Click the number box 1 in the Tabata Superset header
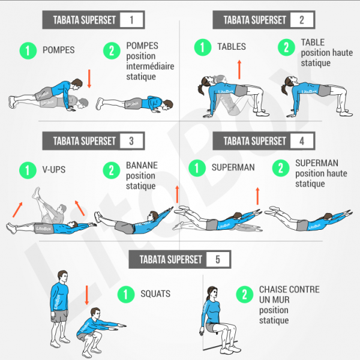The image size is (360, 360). click(131, 20)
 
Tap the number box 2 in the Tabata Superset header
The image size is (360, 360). click(301, 20)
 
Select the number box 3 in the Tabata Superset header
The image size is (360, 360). click(131, 141)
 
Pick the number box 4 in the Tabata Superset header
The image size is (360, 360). click(301, 141)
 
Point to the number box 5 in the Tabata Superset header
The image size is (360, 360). click(217, 259)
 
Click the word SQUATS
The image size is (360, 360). click(155, 294)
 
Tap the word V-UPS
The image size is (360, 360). click(54, 170)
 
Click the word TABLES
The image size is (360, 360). click(232, 46)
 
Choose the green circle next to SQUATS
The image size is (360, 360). click(126, 294)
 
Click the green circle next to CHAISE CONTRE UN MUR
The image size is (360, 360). click(244, 294)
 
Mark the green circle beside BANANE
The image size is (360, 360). click(112, 170)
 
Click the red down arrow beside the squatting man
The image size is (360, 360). click(86, 295)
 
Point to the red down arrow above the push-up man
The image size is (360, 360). click(89, 78)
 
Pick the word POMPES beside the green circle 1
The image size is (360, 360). click(58, 50)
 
